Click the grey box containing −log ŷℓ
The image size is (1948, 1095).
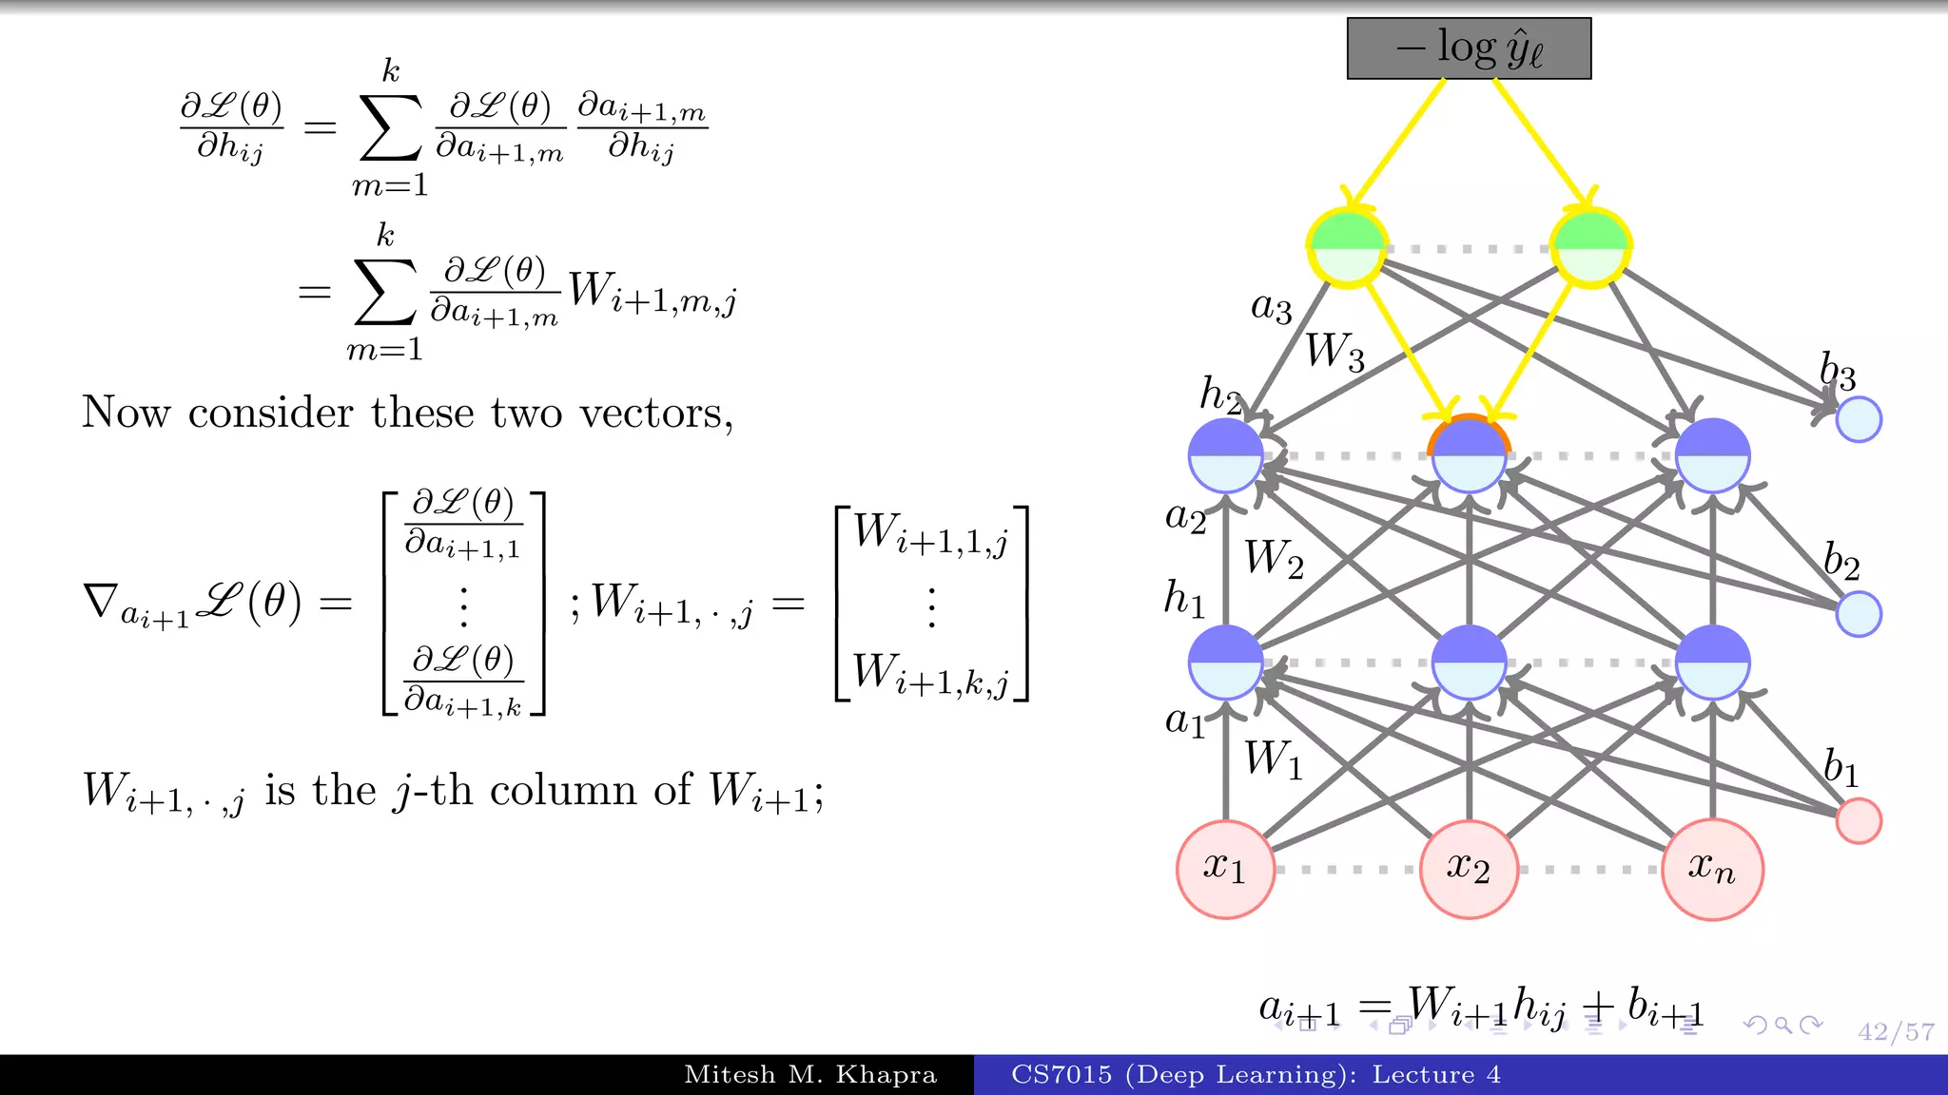[1469, 48]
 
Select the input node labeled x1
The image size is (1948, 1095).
[1225, 869]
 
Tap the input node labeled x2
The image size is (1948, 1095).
[1469, 869]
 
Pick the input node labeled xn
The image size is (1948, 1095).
[1712, 869]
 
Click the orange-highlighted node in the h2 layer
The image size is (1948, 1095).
[1469, 455]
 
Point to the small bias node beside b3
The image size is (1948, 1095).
[1859, 419]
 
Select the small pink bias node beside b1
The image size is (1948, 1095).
[1859, 820]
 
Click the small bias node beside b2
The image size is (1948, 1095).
[1859, 613]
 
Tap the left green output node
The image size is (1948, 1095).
[1347, 248]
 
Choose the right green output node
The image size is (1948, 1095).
[1590, 248]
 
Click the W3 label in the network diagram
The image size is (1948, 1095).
[1334, 352]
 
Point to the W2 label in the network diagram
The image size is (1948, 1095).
[1274, 559]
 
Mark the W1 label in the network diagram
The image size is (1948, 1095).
[1274, 760]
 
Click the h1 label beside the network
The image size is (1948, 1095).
[1184, 600]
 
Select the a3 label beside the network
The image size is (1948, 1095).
[1272, 307]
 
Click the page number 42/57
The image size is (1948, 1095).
[1896, 1031]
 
